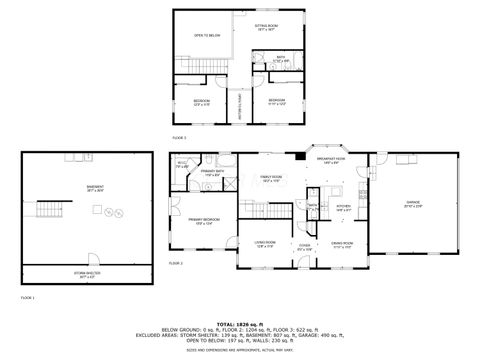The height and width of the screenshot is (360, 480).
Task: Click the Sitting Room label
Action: (x=266, y=27)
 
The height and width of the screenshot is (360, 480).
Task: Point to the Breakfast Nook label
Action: (x=332, y=158)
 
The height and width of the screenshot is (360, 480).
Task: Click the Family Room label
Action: (x=271, y=179)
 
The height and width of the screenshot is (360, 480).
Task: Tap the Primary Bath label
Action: (x=212, y=173)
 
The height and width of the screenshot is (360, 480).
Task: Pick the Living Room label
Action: (x=264, y=243)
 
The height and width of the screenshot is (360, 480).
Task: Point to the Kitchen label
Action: (x=343, y=207)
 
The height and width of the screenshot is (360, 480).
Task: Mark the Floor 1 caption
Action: (x=27, y=298)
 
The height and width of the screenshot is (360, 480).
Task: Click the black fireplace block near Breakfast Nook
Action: (x=307, y=155)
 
